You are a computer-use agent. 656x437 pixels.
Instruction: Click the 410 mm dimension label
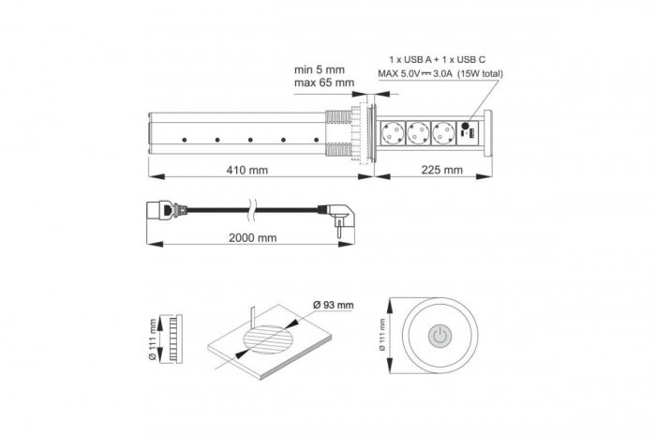coord(246,170)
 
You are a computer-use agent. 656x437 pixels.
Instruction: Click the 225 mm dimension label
coord(440,170)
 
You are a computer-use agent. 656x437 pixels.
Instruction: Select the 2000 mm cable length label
coord(253,237)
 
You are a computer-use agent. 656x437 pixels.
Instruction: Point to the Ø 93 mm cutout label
coord(333,304)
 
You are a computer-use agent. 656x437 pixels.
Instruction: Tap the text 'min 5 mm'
coord(320,68)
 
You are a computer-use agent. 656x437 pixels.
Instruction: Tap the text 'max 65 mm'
coord(324,83)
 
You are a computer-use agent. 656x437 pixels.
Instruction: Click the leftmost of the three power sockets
coord(392,133)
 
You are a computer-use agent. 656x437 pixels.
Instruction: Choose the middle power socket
coord(418,133)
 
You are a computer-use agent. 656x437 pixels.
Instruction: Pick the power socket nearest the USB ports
coord(444,133)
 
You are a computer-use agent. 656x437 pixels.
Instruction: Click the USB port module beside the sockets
coord(468,133)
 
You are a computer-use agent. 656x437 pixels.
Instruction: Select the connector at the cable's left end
coord(159,210)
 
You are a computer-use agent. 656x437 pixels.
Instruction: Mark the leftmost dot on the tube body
coord(184,141)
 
